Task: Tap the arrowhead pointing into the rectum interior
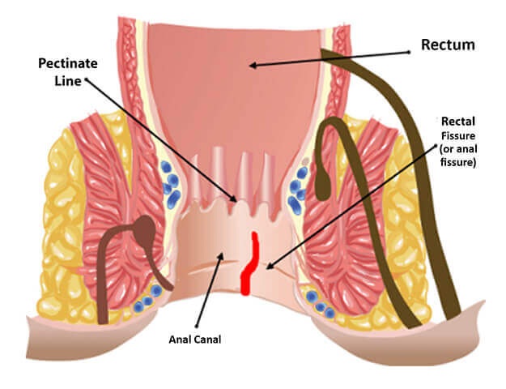click(x=252, y=65)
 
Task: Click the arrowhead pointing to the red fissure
click(x=269, y=265)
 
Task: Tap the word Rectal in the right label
click(x=457, y=122)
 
